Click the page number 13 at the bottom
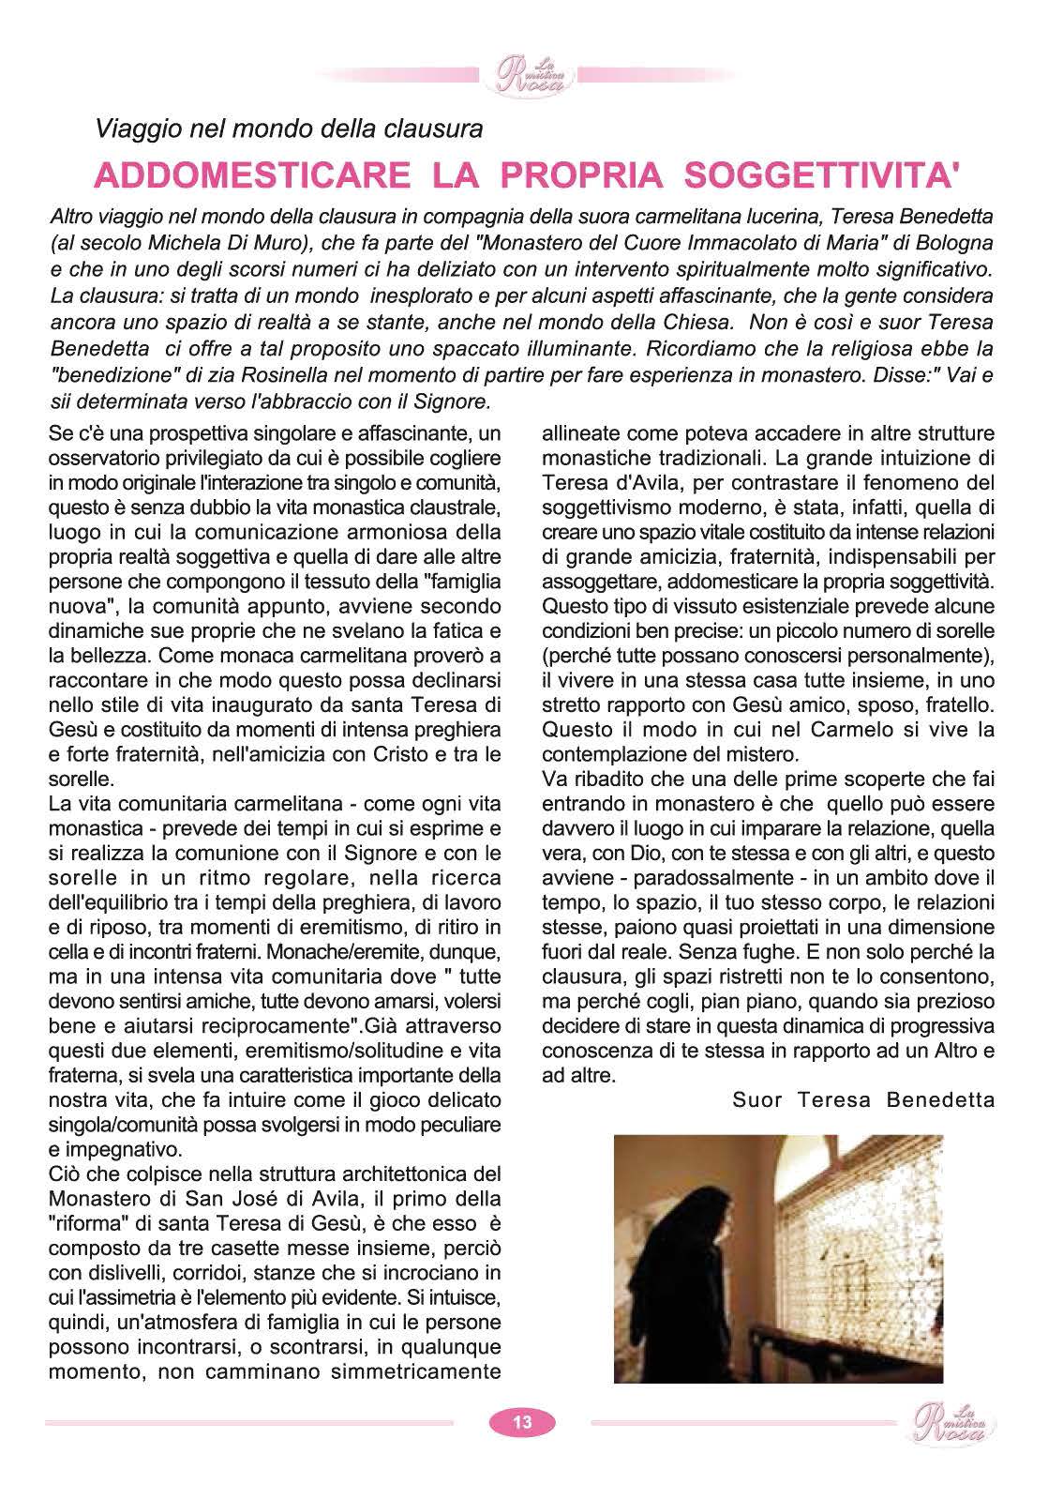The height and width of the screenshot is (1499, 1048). pos(522,1422)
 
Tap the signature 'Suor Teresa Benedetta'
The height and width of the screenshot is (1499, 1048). pos(863,1099)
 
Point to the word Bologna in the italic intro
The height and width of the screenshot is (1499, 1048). pos(954,242)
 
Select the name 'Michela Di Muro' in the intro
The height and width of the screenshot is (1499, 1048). pos(208,242)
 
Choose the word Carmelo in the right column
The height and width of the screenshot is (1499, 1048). pos(847,729)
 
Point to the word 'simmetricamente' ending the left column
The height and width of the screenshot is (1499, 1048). pos(422,1371)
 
